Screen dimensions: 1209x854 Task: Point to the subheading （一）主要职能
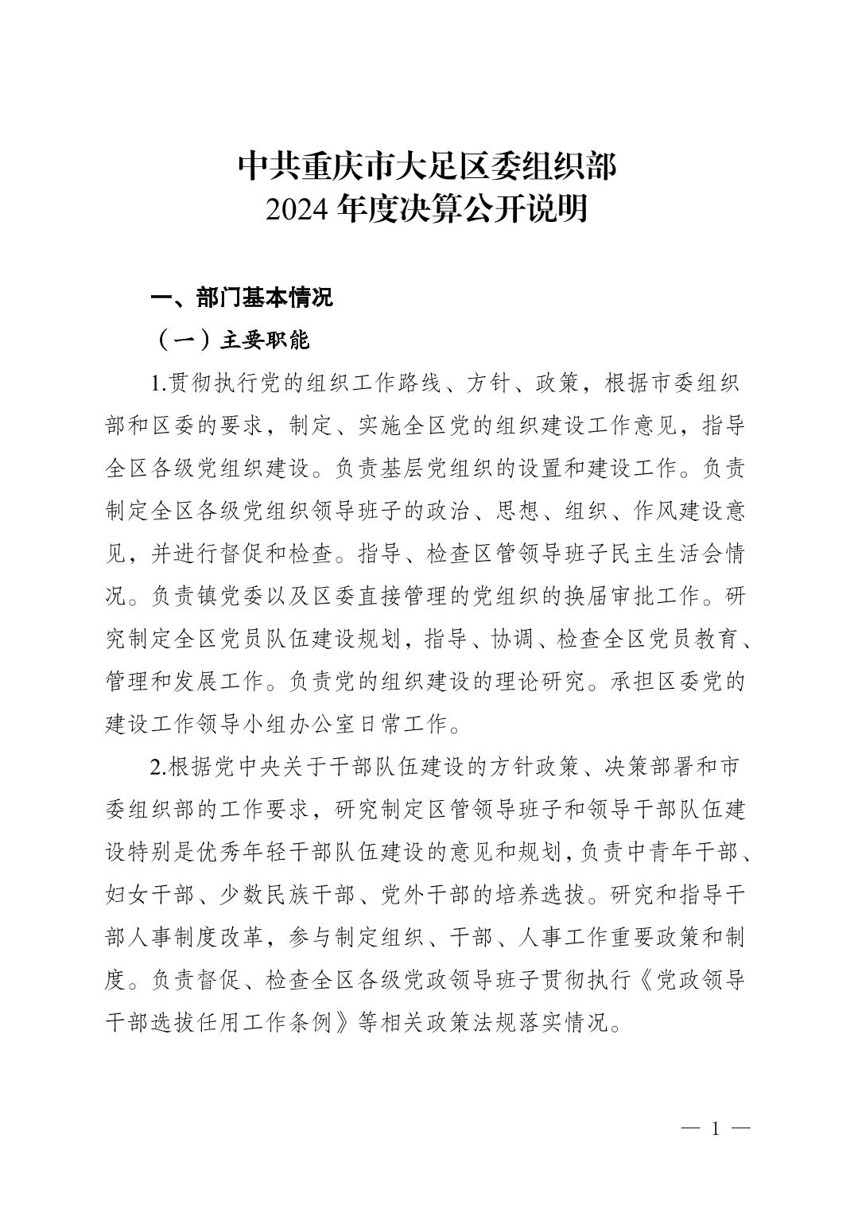coord(230,340)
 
